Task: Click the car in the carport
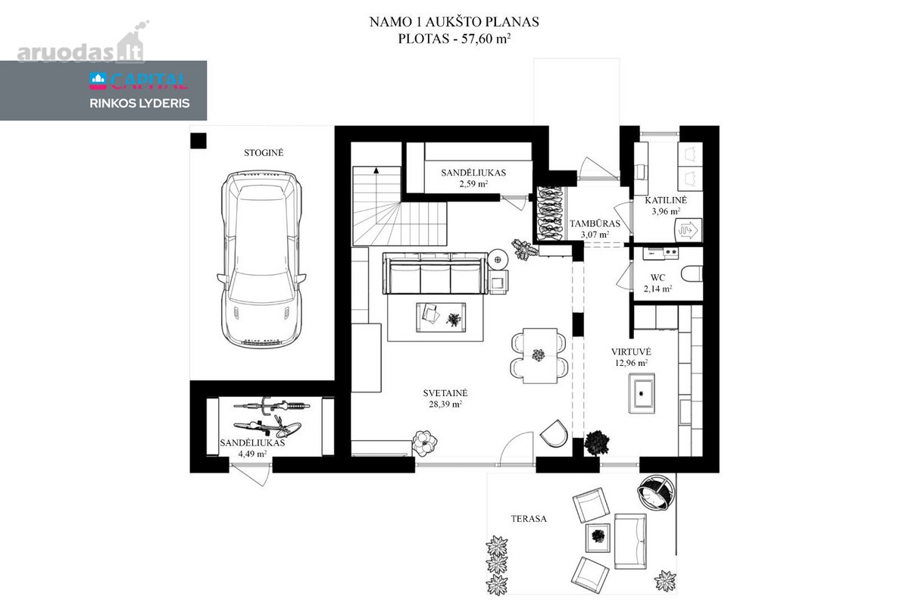(261, 259)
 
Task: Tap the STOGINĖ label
(264, 153)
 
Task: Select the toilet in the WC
(692, 273)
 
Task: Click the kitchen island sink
(641, 393)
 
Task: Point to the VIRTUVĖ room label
(631, 351)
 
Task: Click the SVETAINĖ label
(445, 393)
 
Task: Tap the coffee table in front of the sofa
(441, 317)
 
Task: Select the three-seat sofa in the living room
(435, 273)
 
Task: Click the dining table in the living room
(539, 355)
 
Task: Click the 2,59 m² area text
(473, 184)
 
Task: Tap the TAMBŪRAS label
(595, 223)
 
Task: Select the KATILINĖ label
(666, 200)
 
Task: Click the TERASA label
(529, 519)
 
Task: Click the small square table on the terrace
(598, 537)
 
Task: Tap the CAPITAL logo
(139, 81)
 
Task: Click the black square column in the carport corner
(198, 141)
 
